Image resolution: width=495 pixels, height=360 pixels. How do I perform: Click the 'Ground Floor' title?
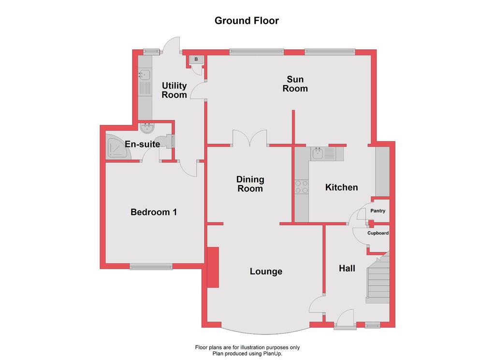[247, 21]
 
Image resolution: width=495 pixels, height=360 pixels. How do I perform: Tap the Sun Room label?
[295, 84]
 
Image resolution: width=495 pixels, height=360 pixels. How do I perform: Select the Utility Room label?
[174, 90]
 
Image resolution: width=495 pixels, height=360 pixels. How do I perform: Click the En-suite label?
[143, 144]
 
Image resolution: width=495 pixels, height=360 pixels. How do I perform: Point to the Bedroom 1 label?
[154, 212]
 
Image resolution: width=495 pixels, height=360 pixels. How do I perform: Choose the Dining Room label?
[250, 184]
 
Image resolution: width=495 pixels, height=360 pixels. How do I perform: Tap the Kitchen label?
[342, 187]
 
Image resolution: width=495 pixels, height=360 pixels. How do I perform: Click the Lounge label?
[266, 272]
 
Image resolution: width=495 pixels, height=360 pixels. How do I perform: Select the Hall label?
[347, 269]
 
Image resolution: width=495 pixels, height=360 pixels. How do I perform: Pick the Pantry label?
[378, 211]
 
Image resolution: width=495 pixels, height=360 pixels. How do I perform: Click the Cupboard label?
[378, 233]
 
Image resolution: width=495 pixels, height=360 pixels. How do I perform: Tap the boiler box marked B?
[196, 59]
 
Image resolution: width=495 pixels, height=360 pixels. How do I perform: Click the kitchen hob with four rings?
[302, 187]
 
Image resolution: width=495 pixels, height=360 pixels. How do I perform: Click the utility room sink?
[145, 74]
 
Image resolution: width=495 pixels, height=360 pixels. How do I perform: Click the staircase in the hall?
[378, 278]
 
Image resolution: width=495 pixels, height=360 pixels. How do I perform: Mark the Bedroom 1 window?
[151, 267]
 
